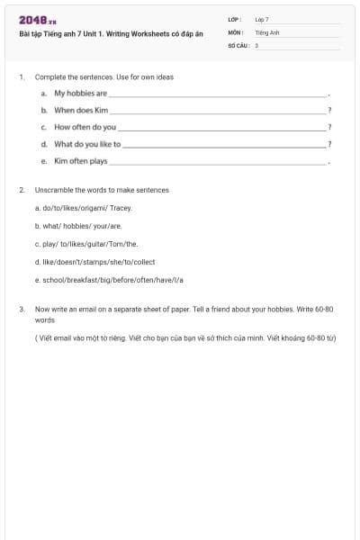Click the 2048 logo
tap(37, 20)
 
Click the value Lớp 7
tap(262, 19)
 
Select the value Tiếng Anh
tap(267, 31)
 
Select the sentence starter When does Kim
tap(81, 110)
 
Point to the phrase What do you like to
tap(87, 144)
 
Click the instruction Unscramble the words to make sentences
tap(102, 190)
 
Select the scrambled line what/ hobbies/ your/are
tap(77, 226)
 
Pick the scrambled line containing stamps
tap(94, 262)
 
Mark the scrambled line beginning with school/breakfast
tap(109, 280)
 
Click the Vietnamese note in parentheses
tap(184, 337)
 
